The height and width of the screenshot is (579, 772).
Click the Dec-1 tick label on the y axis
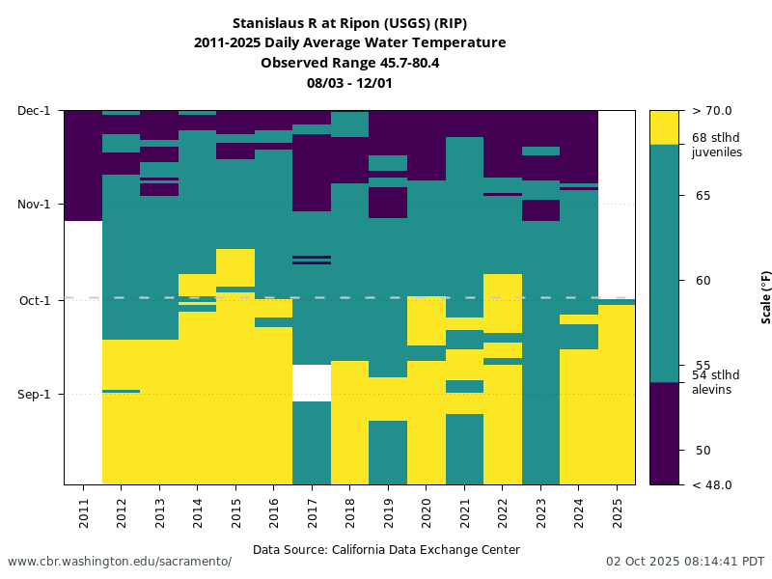point(35,111)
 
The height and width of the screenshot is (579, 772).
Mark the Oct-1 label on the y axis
point(36,300)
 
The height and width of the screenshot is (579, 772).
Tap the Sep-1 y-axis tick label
point(36,394)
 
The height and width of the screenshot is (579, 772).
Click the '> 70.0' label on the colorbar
point(712,111)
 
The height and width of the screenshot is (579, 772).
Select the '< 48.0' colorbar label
point(712,484)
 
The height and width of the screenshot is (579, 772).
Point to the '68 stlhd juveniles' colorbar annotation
point(717,145)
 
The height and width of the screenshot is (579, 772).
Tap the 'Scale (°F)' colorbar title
point(766,297)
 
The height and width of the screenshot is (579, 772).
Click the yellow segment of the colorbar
point(664,127)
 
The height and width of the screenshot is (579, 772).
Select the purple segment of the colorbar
point(664,434)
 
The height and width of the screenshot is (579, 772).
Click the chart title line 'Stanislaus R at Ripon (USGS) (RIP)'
point(349,23)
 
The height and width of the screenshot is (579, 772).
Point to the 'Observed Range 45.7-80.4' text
point(349,63)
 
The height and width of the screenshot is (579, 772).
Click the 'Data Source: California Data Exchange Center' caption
point(386,550)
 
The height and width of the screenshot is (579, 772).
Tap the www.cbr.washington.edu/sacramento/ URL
point(120,562)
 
